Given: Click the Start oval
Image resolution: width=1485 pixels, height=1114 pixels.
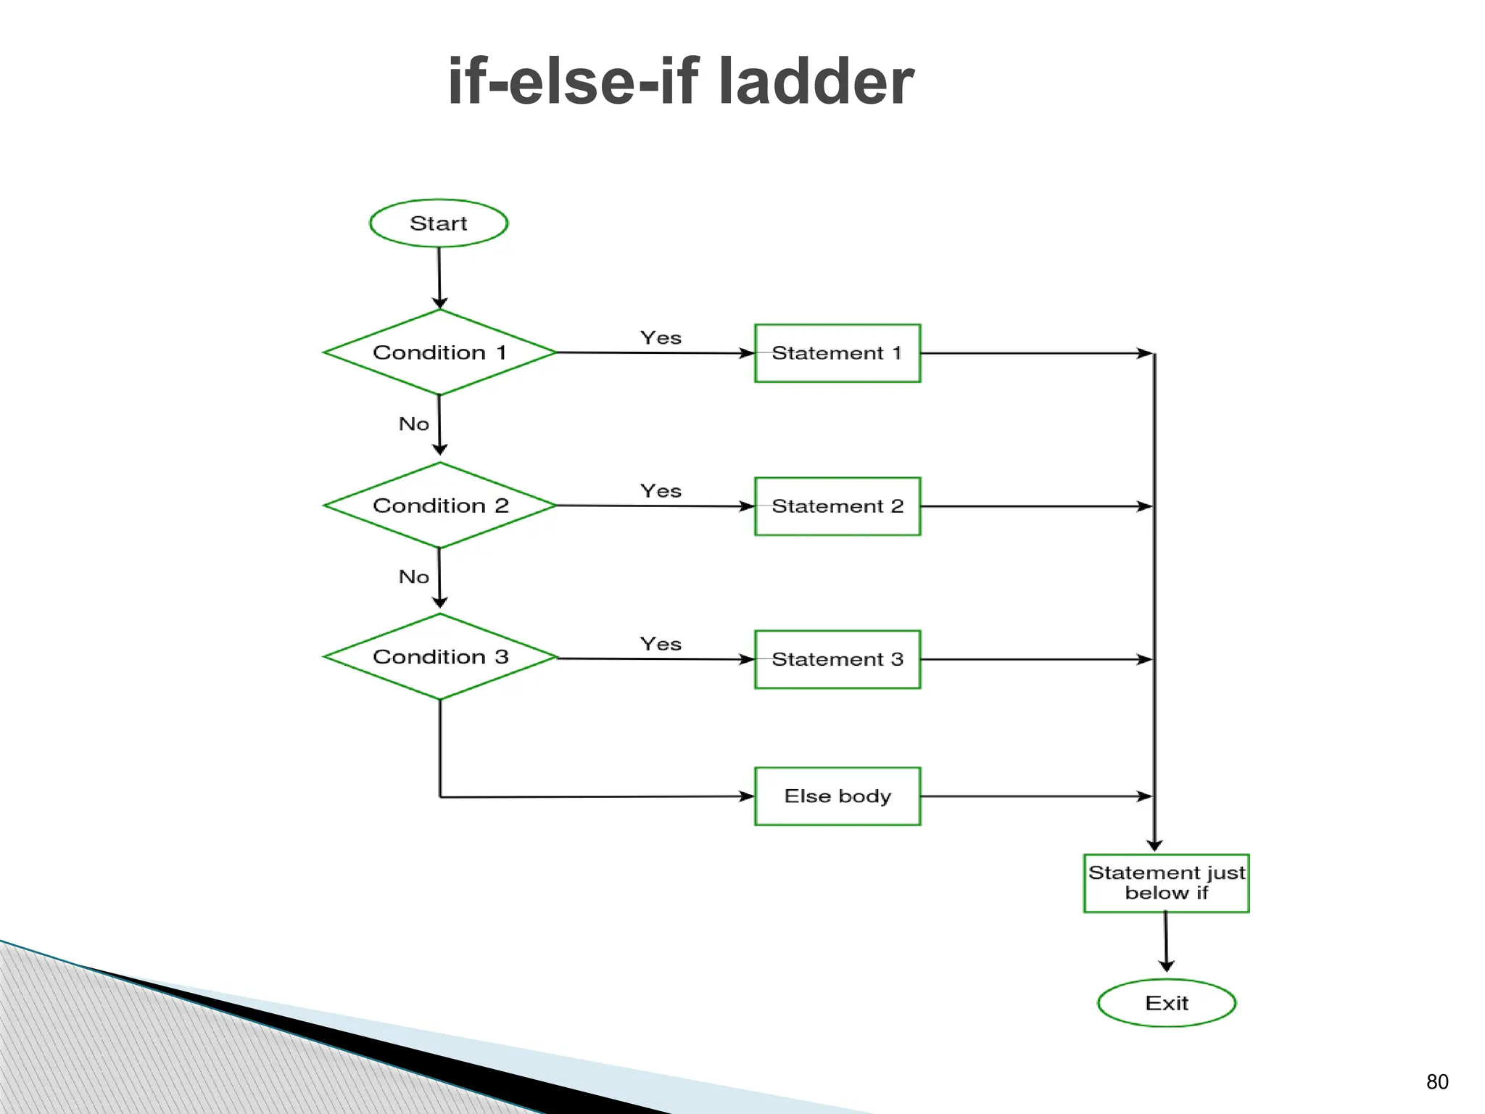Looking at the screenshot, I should [439, 223].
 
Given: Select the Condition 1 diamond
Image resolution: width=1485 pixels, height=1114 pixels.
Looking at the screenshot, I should [439, 352].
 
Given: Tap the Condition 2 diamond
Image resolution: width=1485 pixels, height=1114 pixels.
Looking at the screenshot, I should [439, 506].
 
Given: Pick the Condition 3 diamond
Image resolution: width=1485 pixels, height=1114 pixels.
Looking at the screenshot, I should [439, 657].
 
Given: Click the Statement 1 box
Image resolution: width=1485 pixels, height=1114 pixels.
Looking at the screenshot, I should [837, 353].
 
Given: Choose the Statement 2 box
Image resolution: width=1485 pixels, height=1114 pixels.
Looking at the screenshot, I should [837, 506].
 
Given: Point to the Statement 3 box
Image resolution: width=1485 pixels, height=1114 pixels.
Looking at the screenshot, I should [837, 659].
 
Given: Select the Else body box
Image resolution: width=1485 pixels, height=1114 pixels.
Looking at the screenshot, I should [837, 796].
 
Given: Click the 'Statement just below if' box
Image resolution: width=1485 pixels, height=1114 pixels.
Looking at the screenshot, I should [1166, 883].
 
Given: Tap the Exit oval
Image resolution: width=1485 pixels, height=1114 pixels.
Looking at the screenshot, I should [1166, 1003].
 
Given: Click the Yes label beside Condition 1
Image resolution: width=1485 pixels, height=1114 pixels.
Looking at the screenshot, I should [661, 338].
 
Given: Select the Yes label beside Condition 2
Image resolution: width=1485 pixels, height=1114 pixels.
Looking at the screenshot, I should [661, 491].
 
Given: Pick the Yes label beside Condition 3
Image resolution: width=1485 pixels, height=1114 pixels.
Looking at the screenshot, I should [661, 644].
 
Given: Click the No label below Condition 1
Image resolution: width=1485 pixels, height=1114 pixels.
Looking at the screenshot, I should [414, 424].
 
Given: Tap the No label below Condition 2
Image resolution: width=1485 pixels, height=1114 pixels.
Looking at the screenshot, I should [414, 577].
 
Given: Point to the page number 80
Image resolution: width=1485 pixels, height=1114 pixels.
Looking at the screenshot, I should [1437, 1082].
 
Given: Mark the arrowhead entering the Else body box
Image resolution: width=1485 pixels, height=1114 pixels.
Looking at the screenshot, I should [746, 796].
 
